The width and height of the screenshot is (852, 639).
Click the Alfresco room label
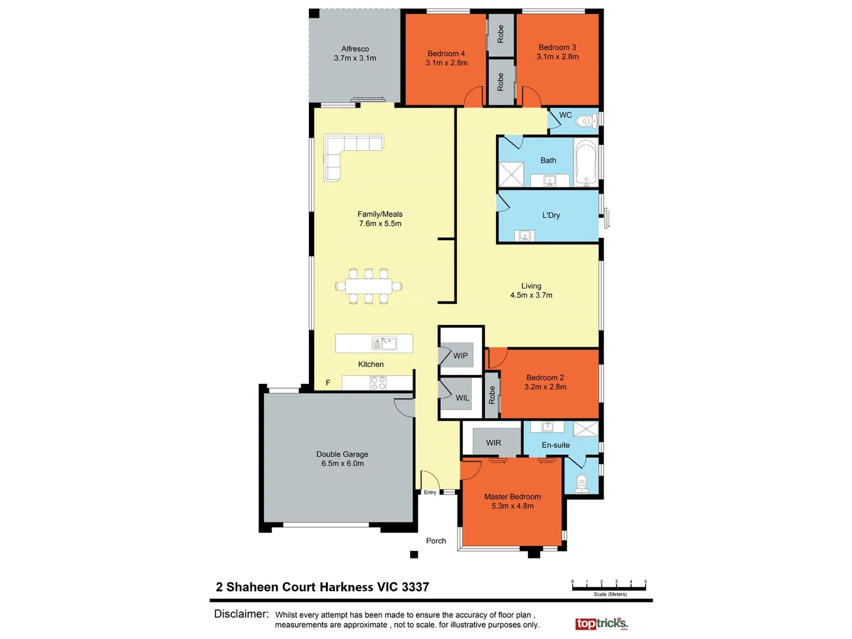point(355,49)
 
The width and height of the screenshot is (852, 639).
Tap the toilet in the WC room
point(585,121)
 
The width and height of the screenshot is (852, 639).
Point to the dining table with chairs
point(369,286)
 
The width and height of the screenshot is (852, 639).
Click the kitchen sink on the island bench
point(384,343)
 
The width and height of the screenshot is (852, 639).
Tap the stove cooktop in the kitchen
point(377,383)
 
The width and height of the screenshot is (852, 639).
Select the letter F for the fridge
point(328,383)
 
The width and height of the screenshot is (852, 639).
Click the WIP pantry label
point(460,356)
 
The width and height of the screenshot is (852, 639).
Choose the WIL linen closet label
point(462,398)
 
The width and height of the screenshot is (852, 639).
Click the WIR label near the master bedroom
point(493,443)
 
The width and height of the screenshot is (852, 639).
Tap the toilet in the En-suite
point(582,482)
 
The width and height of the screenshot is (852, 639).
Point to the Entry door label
point(430,492)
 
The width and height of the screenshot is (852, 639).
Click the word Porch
point(436,541)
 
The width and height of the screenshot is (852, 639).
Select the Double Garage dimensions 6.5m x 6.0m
point(343,463)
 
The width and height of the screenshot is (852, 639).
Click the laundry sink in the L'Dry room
point(524,236)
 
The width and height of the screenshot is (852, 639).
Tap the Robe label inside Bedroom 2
point(492,395)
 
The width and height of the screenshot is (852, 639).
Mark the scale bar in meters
point(609,587)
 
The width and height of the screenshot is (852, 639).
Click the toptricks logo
point(601,624)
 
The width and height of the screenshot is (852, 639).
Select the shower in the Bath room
point(511,174)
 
